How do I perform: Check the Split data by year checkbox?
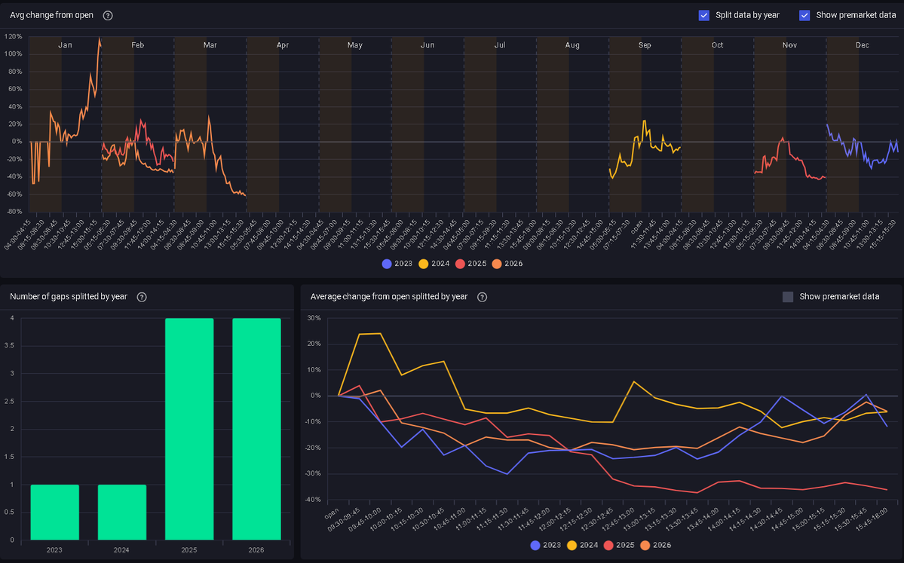tap(703, 15)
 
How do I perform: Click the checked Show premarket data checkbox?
tap(804, 15)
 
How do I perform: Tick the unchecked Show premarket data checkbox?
tap(788, 297)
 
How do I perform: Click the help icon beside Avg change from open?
tap(108, 15)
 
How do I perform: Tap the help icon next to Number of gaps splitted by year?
tap(142, 297)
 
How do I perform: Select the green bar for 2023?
tap(55, 512)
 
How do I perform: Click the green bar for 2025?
tap(189, 429)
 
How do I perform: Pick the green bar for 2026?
tap(256, 429)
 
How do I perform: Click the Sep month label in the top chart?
tap(645, 45)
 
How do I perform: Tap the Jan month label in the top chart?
tap(66, 45)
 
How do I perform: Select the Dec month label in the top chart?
tap(862, 45)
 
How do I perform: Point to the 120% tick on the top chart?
tap(13, 36)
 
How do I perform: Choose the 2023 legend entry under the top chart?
tap(397, 264)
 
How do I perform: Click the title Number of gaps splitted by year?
tap(69, 297)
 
